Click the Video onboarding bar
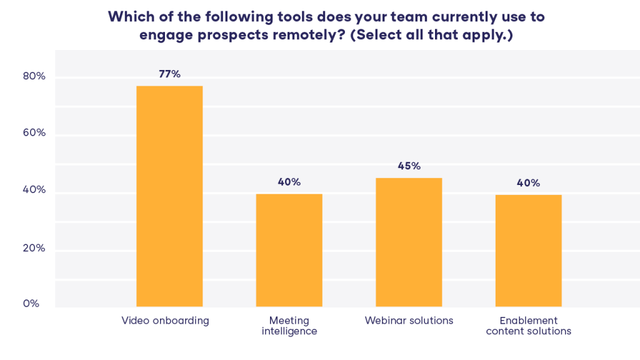(x=169, y=196)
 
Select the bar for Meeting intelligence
(x=289, y=250)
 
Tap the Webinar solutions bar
(x=409, y=242)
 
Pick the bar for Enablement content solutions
(x=529, y=251)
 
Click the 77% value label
(x=169, y=74)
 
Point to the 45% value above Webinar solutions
(x=409, y=166)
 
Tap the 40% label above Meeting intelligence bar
(x=289, y=182)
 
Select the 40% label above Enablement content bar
(x=529, y=183)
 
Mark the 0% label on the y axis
(x=31, y=304)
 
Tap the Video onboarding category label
(x=165, y=321)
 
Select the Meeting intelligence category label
(x=289, y=326)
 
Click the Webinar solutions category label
(x=409, y=321)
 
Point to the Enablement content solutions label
(x=529, y=326)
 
